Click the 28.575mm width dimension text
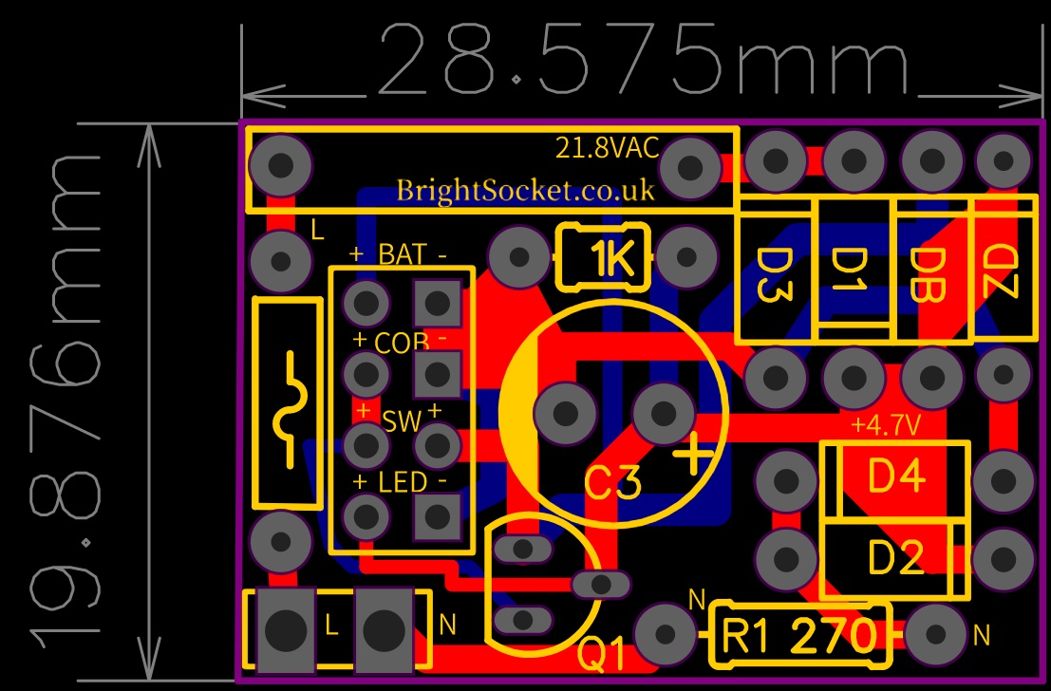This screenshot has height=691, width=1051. [646, 59]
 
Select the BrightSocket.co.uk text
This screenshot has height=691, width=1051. [525, 191]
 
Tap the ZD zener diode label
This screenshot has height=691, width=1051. [1001, 270]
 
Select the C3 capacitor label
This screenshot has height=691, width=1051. [611, 483]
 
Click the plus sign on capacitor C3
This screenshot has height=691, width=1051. [693, 455]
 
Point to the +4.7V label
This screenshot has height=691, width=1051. [885, 425]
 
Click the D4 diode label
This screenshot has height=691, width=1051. [896, 476]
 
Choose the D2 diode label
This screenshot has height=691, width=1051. [896, 558]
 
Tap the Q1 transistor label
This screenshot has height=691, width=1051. [601, 655]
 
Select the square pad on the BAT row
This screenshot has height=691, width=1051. [438, 303]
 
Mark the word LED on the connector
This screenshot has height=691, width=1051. [403, 482]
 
